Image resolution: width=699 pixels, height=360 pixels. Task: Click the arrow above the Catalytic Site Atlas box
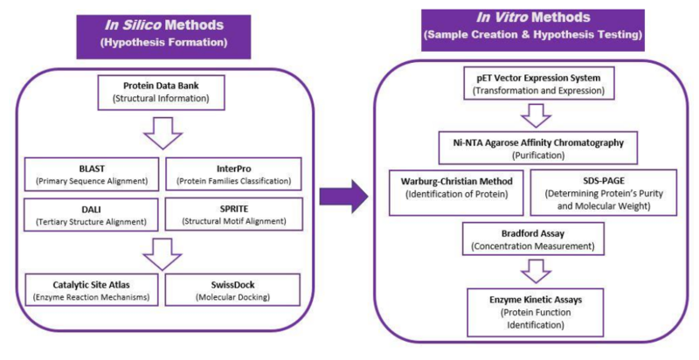(162, 253)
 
